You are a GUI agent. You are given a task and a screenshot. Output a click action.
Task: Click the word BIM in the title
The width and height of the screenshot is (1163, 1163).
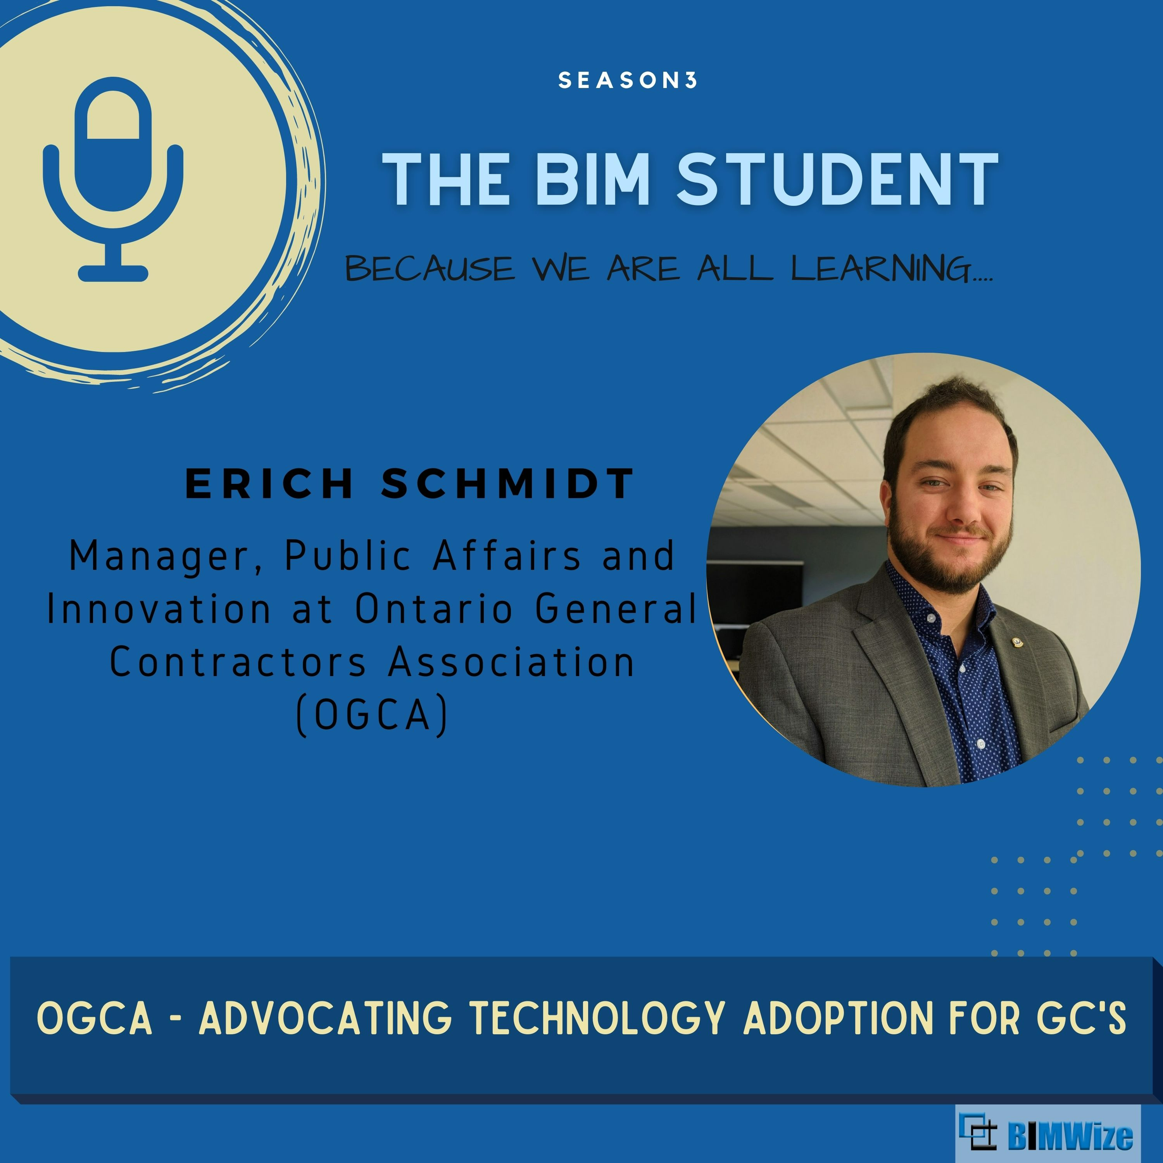(x=593, y=178)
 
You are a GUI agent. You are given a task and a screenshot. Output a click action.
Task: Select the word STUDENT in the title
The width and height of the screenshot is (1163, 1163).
(x=837, y=178)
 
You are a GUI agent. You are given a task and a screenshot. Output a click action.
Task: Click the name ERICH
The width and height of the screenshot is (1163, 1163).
(x=269, y=483)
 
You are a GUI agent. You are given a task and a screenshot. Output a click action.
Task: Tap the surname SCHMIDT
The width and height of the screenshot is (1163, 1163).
(x=507, y=483)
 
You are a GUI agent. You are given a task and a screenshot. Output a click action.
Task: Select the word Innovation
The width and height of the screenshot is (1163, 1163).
(x=159, y=609)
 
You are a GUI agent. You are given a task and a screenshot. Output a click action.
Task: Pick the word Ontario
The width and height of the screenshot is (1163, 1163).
(x=433, y=609)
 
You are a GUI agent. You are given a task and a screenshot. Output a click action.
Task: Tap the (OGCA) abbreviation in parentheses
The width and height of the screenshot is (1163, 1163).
(x=373, y=715)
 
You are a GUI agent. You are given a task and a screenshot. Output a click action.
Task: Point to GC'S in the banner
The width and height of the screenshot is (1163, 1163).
(x=1080, y=1018)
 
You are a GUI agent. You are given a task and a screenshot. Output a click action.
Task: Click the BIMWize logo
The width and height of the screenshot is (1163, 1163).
(x=1046, y=1134)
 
